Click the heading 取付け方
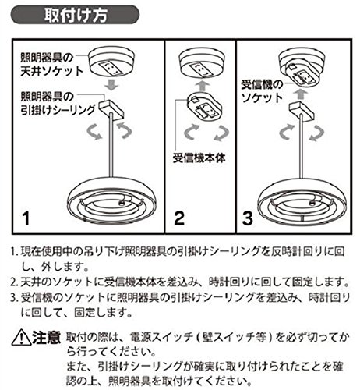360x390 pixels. (76, 15)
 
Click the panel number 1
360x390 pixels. (26, 218)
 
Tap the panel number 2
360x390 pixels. (179, 218)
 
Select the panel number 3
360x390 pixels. (247, 218)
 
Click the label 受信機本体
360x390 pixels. (199, 158)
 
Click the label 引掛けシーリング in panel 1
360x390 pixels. (58, 110)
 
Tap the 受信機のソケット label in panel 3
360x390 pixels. (262, 91)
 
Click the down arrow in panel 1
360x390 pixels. (111, 85)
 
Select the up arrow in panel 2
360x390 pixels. (202, 86)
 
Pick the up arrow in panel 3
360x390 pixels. (300, 94)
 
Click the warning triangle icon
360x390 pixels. (21, 337)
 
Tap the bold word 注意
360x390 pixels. (46, 337)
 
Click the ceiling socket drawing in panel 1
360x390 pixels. (111, 62)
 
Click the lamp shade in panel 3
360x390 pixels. (302, 200)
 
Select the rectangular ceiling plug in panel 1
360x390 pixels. (111, 108)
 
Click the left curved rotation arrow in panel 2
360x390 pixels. (192, 132)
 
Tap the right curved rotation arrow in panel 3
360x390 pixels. (316, 133)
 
